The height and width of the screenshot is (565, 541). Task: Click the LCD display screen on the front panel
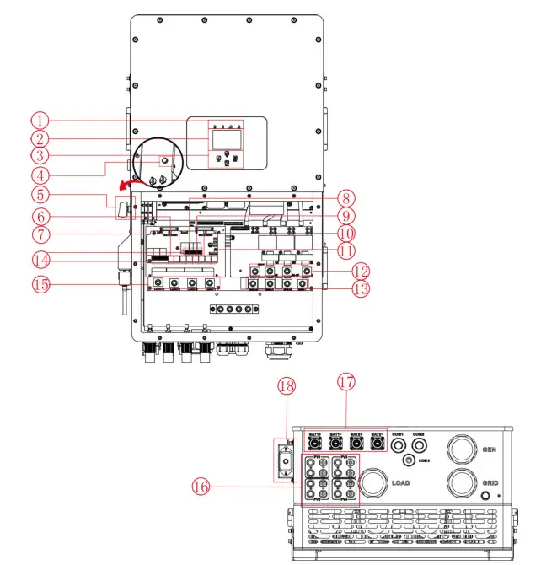point(225,139)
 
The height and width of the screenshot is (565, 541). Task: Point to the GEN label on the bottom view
point(489,450)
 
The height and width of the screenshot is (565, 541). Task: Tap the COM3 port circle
point(410,460)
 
